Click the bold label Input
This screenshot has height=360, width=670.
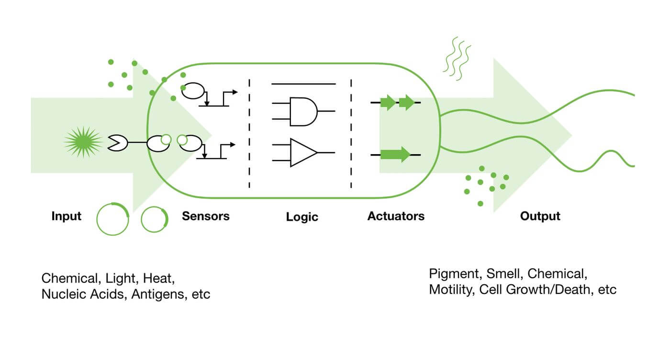[66, 216]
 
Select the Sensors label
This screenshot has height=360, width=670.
[206, 216]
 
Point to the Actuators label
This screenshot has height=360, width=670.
[396, 216]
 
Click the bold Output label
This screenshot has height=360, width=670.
[540, 216]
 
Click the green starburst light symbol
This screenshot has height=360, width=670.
[83, 142]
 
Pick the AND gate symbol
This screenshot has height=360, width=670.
[303, 112]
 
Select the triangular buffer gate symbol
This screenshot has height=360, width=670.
[303, 153]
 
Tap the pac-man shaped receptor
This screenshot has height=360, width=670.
[118, 143]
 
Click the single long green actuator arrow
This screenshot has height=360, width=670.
[395, 155]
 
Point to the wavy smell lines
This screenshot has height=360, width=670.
[457, 59]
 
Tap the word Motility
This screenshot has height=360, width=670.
[452, 290]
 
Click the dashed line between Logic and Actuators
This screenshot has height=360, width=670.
[351, 134]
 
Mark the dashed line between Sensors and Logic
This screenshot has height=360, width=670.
[249, 134]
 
